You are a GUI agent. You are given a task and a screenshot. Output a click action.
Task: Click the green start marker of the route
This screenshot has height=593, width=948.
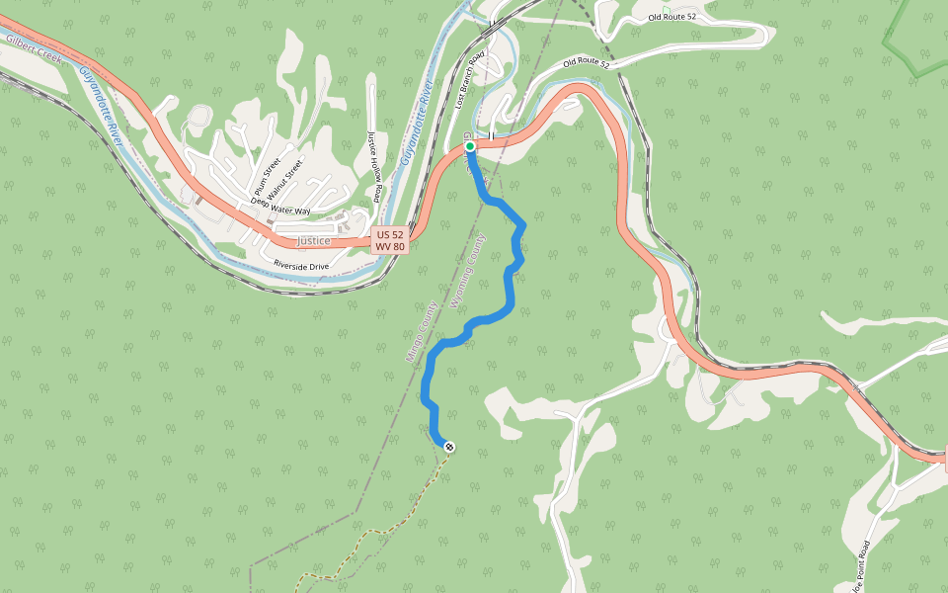[x=470, y=146]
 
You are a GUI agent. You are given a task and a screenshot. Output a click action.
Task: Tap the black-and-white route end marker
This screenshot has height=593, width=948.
[x=449, y=448]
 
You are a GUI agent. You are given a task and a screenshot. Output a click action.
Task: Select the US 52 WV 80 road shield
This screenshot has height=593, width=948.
[x=390, y=240]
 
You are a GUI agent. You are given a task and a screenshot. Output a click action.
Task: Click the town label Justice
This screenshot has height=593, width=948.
[x=313, y=240]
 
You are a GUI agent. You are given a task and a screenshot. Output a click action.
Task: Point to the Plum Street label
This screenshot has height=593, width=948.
[x=268, y=177]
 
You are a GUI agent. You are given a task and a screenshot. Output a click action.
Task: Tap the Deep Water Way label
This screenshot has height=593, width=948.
[x=280, y=210]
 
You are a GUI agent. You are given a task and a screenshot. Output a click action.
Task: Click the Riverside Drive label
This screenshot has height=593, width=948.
[x=301, y=266]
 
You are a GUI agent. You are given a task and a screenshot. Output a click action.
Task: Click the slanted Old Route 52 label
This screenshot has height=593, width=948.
[x=587, y=63]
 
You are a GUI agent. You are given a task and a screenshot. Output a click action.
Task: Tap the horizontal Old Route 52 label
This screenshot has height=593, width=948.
[x=672, y=17]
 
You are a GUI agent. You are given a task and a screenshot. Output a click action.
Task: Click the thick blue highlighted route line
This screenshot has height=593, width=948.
[x=510, y=287]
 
